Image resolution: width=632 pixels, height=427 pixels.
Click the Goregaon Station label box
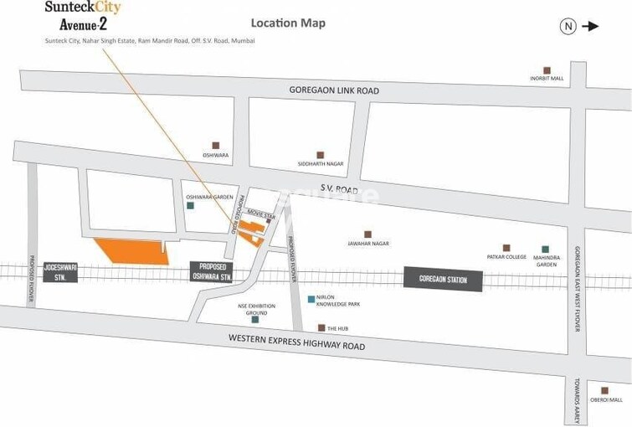click(444, 280)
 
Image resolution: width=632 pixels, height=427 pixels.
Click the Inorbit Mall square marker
click(547, 70)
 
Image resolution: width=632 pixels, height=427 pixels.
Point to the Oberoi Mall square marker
click(604, 389)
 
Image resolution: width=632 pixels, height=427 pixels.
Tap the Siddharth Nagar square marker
click(320, 155)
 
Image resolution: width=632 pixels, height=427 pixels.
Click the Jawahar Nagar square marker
click(367, 234)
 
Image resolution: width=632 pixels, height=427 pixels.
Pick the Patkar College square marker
click(506, 248)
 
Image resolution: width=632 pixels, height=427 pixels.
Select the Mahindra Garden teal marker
click(546, 249)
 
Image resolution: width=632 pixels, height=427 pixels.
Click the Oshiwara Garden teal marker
click(191, 205)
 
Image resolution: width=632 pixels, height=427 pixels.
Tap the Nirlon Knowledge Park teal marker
click(311, 299)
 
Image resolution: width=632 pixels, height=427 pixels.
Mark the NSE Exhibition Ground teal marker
click(255, 319)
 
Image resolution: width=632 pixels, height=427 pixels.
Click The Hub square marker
click(321, 328)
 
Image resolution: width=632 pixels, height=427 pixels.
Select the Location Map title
click(288, 23)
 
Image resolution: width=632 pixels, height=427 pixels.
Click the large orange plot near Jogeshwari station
click(130, 250)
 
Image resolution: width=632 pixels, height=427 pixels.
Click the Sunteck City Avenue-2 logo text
click(85, 15)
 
